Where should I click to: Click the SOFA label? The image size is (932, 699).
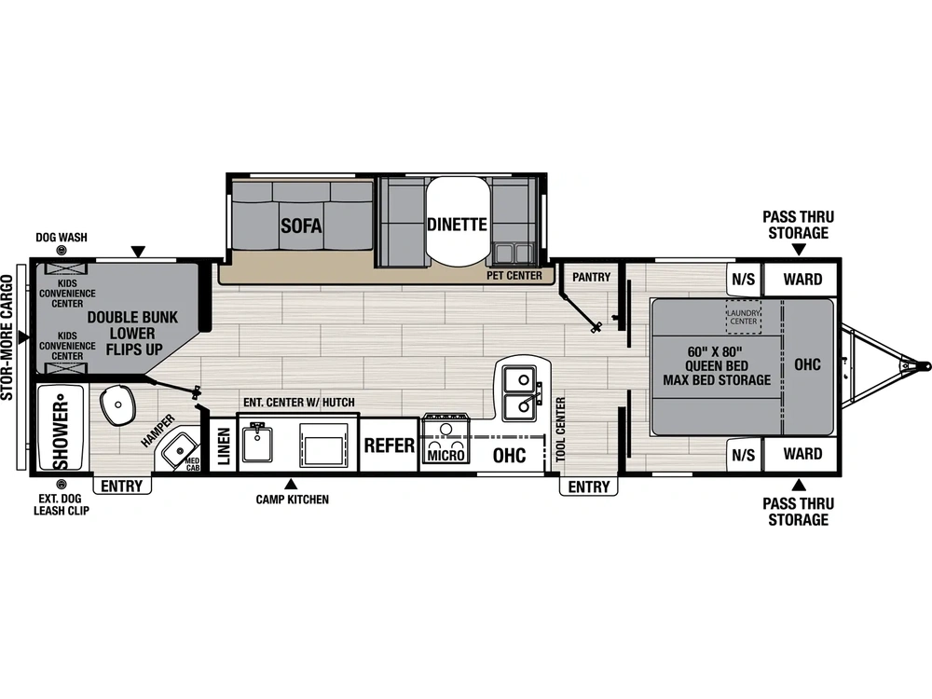[x=301, y=226]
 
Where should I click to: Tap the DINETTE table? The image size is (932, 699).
[x=457, y=222]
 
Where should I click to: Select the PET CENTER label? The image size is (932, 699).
[x=514, y=276]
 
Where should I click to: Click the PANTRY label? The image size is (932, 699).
[x=592, y=277]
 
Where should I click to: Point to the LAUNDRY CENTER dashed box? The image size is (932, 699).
[x=744, y=317]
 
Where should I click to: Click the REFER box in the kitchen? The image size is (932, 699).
[x=390, y=445]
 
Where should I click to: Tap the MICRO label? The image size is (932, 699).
[x=445, y=456]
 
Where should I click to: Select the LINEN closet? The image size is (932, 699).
[x=224, y=445]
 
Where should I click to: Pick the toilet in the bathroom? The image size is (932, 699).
[x=117, y=404]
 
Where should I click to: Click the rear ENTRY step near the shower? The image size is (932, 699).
[x=122, y=486]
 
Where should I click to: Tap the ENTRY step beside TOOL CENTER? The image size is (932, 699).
[x=588, y=487]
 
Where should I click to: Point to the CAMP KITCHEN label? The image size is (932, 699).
[x=293, y=500]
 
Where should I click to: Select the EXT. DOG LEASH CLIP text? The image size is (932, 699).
[x=62, y=504]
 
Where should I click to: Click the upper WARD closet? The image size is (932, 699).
[x=802, y=279]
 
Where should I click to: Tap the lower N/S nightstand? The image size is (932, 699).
[x=744, y=455]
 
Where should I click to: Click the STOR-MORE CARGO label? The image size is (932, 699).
[x=7, y=337]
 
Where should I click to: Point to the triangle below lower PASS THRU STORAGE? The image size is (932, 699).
[x=800, y=485]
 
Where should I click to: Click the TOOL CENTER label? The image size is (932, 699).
[x=560, y=429]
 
